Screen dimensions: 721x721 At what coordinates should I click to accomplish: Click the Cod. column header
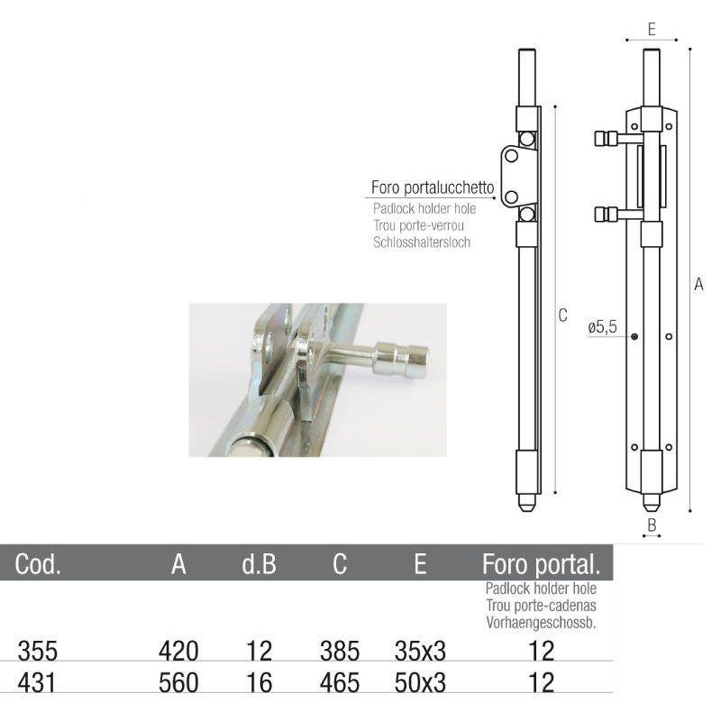pos(38,565)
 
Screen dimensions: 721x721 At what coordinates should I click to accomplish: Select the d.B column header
pos(259,565)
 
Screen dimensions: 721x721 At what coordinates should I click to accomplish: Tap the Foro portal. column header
pos(541,565)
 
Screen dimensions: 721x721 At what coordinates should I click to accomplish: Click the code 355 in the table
pos(36,652)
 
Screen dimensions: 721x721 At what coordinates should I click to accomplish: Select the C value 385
pos(340,652)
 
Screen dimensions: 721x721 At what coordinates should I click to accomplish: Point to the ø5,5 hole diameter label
pos(602,328)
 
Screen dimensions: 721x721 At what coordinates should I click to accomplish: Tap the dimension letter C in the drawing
pos(563,315)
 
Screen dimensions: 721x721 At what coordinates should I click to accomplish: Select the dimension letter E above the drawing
pos(651,30)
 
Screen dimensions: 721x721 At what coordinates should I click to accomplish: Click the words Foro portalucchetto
pos(433,188)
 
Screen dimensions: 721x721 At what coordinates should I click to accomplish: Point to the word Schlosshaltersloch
pos(421,242)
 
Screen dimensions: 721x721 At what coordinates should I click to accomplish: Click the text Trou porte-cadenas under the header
pos(541,606)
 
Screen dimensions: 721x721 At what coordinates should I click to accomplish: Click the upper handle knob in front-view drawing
pos(606,139)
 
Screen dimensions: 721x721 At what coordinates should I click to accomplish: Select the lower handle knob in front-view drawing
pos(606,214)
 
